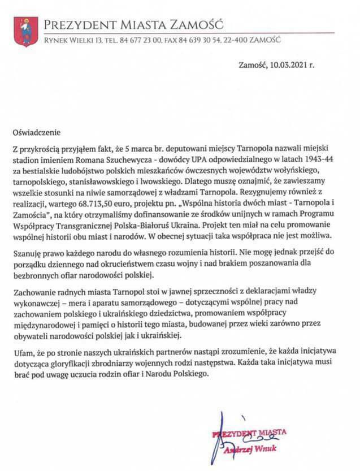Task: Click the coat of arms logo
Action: (x=25, y=32)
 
